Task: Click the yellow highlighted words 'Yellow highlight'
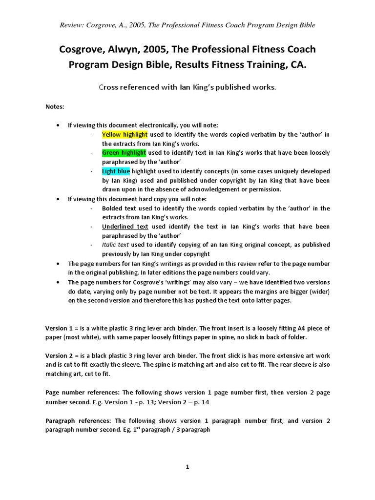pyautogui.click(x=124, y=134)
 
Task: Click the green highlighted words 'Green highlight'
pyautogui.click(x=124, y=153)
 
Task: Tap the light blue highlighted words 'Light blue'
pyautogui.click(x=116, y=171)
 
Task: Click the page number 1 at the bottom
pyautogui.click(x=187, y=467)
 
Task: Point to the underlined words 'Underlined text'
pyautogui.click(x=125, y=227)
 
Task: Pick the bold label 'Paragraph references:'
pyautogui.click(x=79, y=420)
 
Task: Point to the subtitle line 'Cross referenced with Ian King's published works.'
pyautogui.click(x=187, y=87)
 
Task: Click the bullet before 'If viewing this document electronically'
pyautogui.click(x=58, y=125)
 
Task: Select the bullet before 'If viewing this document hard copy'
pyautogui.click(x=58, y=199)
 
